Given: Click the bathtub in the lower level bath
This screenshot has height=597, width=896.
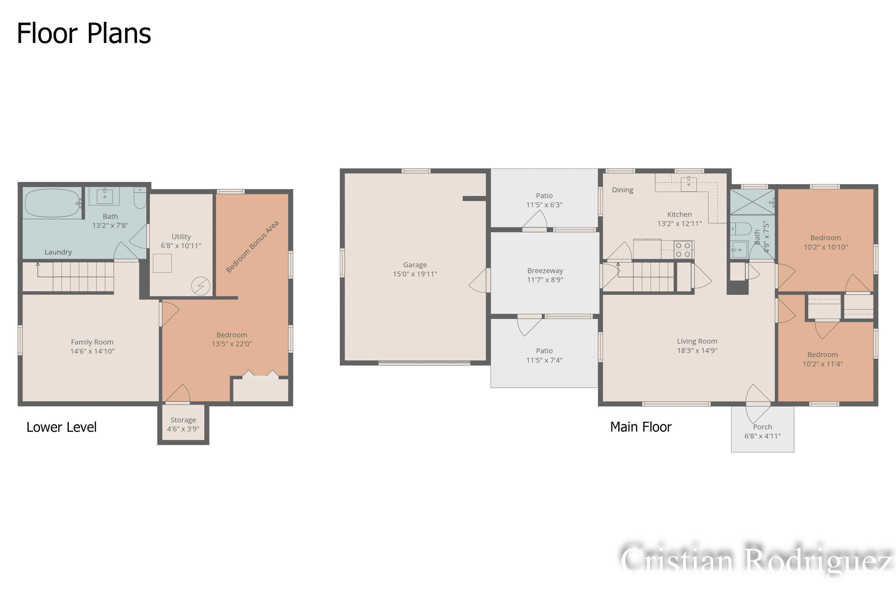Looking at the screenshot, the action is (52, 203).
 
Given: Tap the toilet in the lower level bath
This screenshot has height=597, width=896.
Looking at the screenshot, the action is (140, 198).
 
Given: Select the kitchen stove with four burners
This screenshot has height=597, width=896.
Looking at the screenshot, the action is (683, 250).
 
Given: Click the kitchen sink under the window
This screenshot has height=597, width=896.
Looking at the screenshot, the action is (688, 184).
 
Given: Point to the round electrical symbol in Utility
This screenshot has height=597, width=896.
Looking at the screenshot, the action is (201, 286).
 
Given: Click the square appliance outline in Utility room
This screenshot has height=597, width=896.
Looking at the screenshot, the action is (162, 263).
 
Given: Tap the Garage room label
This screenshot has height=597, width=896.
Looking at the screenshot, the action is (415, 264).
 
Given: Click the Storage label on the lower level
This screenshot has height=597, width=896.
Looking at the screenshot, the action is (183, 420).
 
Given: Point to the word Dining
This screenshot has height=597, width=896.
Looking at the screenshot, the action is (622, 190).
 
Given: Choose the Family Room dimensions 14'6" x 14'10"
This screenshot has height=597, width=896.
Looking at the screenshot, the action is (92, 351).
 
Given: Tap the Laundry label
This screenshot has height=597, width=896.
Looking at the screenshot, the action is (58, 252).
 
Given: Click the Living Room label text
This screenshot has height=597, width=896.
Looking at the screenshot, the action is (697, 341).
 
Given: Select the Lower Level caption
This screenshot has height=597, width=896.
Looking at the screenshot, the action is (61, 427).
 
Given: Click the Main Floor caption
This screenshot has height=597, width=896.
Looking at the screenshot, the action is (641, 427).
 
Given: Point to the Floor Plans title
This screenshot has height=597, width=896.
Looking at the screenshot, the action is (84, 33).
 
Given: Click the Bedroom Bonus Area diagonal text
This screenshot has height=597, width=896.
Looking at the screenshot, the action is (252, 246).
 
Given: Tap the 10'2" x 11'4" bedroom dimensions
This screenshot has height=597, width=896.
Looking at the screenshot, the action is (823, 364).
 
